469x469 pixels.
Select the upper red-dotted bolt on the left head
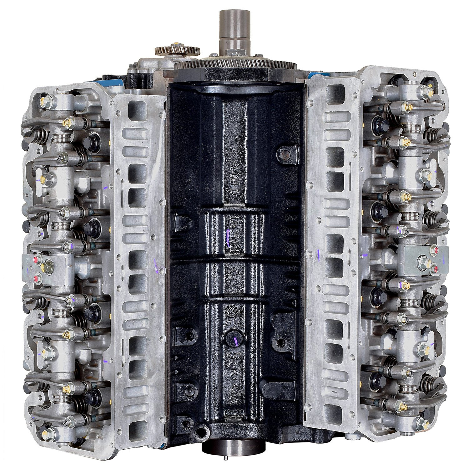tap(38, 260)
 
